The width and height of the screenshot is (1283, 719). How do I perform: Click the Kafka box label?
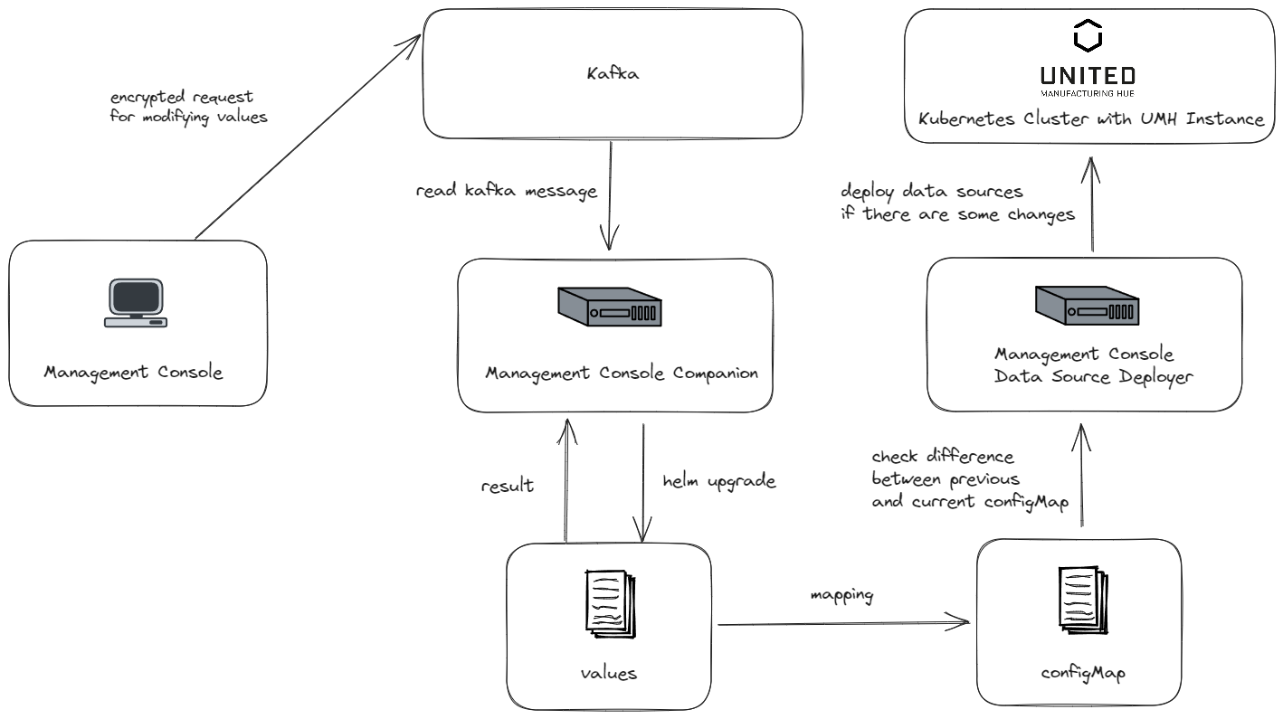[x=613, y=73]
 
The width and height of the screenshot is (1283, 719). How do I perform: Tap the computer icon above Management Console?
[x=136, y=302]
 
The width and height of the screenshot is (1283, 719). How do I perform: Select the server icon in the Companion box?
[x=608, y=307]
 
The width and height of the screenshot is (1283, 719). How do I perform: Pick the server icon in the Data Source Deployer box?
[x=1087, y=306]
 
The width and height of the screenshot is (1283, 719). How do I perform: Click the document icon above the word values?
[x=610, y=601]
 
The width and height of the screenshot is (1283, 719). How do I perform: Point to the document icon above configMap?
[x=1080, y=598]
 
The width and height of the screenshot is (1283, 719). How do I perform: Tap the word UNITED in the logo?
[x=1087, y=75]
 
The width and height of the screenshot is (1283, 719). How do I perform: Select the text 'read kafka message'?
[x=506, y=191]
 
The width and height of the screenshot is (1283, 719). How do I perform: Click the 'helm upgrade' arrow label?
[x=718, y=481]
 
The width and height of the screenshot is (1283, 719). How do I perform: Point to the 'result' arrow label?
[x=508, y=486]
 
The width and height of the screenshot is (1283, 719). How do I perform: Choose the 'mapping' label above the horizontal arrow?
[x=841, y=595]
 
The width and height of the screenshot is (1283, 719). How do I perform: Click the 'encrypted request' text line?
[x=182, y=97]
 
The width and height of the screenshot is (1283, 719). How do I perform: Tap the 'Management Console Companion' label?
[x=622, y=373]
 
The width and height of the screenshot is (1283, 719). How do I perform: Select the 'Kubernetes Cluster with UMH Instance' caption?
[x=1090, y=119]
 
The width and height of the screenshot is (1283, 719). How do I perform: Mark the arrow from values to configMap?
[x=841, y=623]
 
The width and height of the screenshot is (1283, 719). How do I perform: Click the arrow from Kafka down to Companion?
[x=611, y=194]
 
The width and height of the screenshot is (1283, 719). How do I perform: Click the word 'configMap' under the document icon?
[x=1082, y=674]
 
